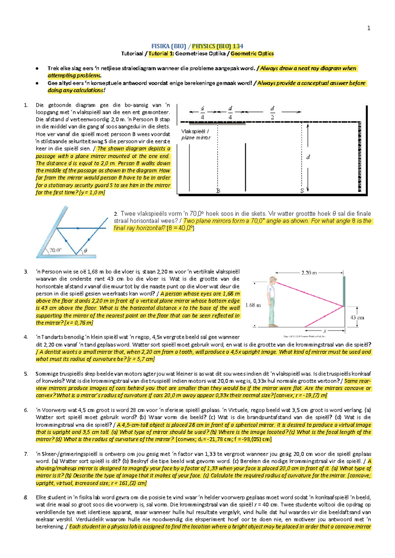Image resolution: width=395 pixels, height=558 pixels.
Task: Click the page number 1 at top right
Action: tap(369, 28)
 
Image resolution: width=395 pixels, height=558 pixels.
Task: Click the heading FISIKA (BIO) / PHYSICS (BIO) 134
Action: tap(197, 46)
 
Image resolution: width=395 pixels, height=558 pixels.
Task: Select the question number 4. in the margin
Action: tap(26, 337)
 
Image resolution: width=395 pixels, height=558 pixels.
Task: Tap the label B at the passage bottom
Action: tap(218, 190)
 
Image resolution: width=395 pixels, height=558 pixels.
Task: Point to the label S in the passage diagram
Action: tap(302, 190)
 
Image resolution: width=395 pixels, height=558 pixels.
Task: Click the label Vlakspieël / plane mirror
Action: tap(196, 134)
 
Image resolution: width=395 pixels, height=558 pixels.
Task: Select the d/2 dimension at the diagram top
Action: tap(272, 113)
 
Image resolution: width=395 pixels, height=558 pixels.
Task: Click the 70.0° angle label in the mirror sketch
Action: tap(55, 250)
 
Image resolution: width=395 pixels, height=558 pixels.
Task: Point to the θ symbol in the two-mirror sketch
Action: tap(85, 251)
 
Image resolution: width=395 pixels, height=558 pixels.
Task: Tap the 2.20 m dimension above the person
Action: tap(309, 272)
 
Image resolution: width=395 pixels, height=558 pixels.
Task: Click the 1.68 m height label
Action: tap(253, 305)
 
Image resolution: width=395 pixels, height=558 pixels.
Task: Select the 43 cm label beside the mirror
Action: tap(357, 317)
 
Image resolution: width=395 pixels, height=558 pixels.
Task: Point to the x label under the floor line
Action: tap(325, 331)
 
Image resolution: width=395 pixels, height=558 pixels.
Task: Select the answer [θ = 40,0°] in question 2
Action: tap(180, 228)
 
